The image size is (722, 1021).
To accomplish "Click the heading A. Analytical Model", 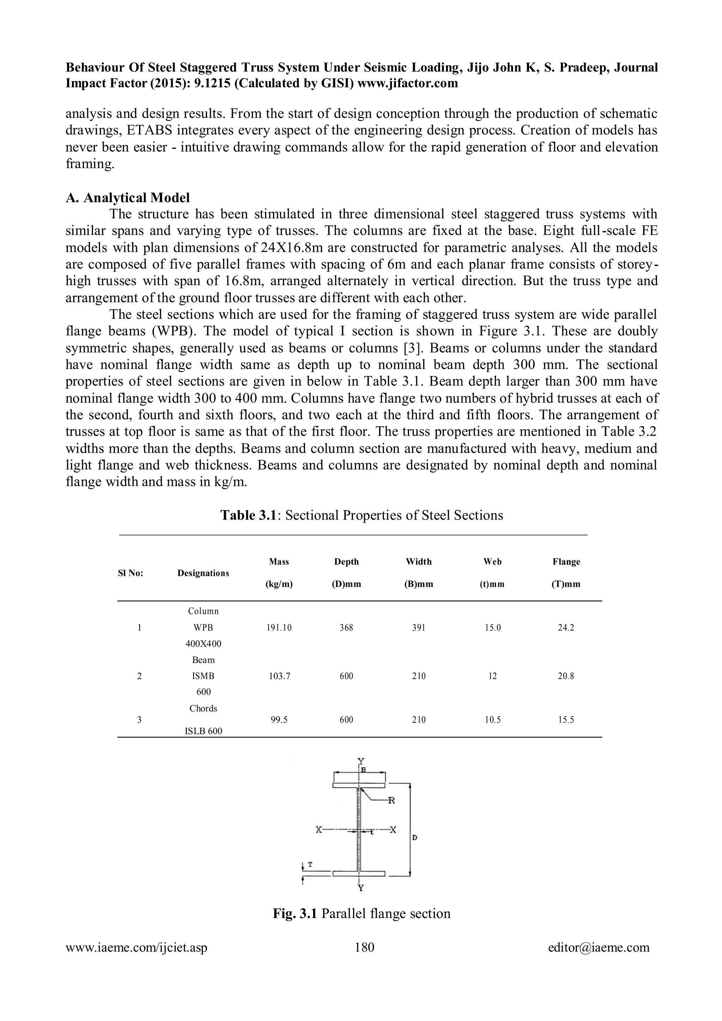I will (x=128, y=197).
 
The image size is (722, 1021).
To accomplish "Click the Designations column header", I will (x=203, y=573).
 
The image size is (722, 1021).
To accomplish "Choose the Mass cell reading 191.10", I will (x=279, y=628).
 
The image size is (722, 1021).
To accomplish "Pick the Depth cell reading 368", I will (x=346, y=628).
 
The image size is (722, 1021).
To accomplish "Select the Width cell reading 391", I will (x=418, y=628).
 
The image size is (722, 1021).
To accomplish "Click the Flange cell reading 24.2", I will (x=565, y=628).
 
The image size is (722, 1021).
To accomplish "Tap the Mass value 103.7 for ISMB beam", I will (x=279, y=676).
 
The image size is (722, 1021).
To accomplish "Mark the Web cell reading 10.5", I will (x=492, y=720).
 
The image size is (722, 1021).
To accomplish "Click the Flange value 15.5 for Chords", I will (x=565, y=720).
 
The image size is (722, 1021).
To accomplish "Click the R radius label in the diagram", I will (x=391, y=801).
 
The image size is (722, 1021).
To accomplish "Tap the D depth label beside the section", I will (x=414, y=838).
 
